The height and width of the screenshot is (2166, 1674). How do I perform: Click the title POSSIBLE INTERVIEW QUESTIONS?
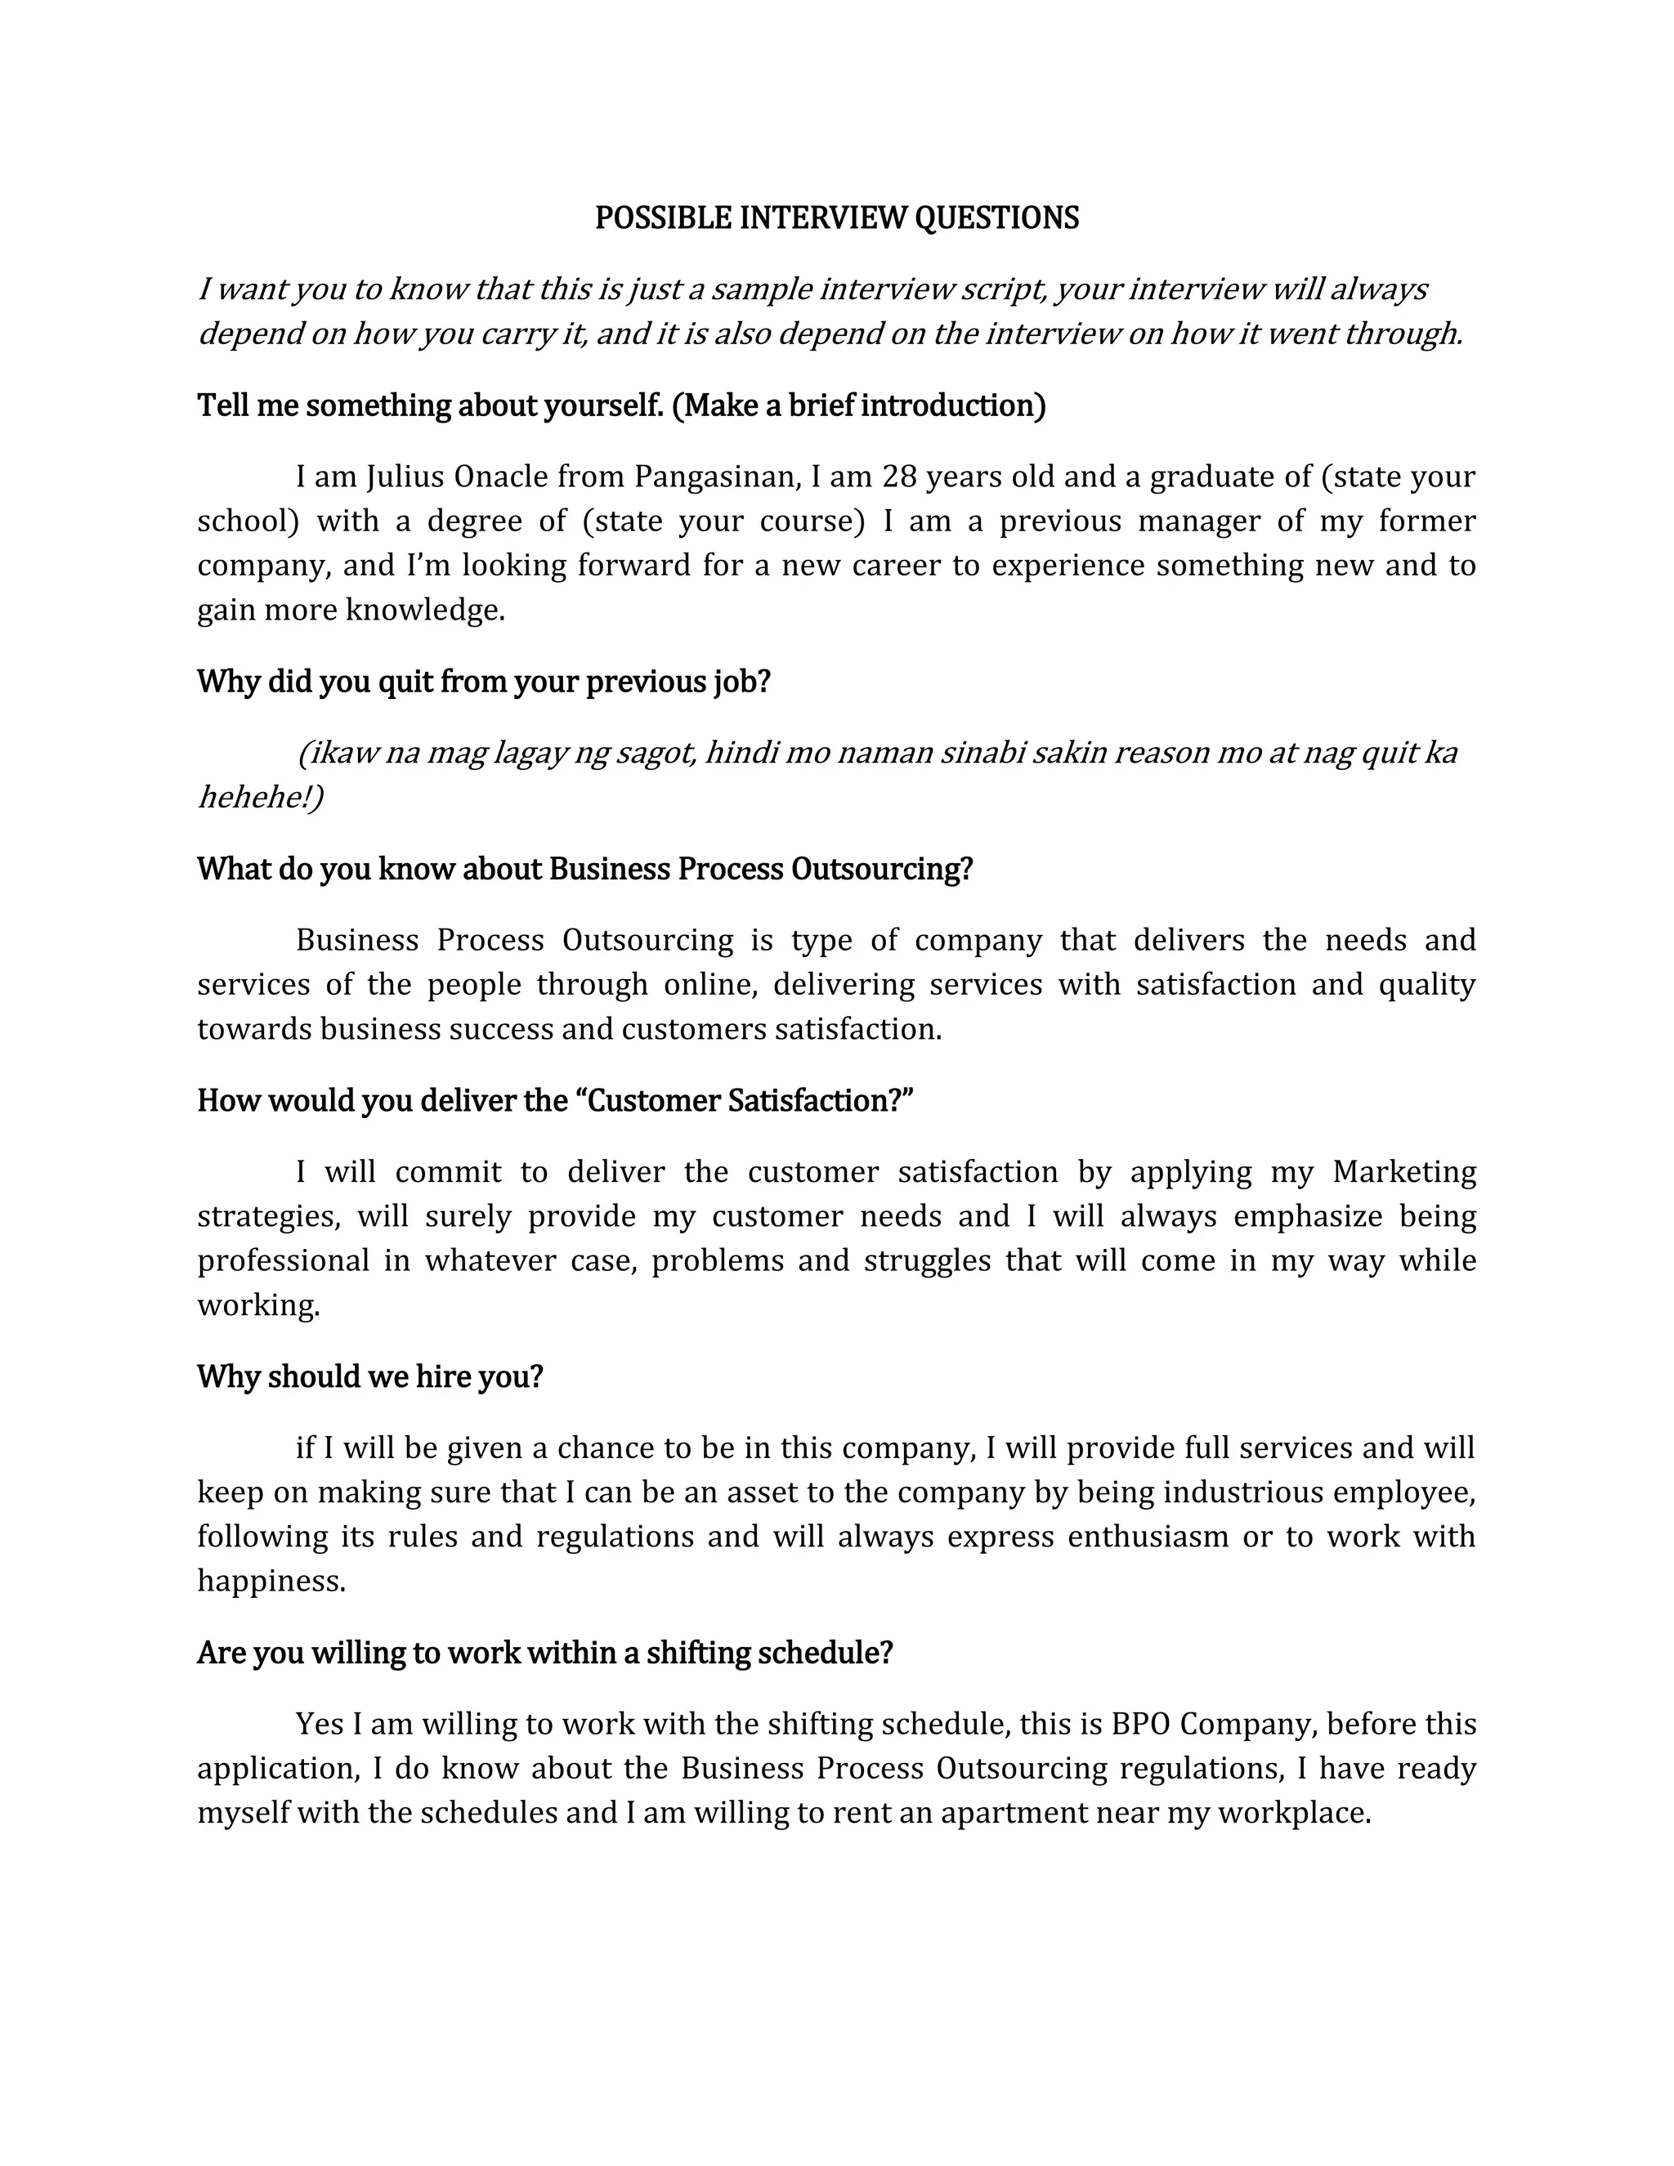click(x=836, y=218)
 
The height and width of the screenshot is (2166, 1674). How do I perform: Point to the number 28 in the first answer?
click(x=898, y=477)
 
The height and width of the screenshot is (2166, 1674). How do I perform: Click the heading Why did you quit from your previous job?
click(x=484, y=682)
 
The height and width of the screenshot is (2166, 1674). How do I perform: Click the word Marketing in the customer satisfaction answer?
click(x=1404, y=1172)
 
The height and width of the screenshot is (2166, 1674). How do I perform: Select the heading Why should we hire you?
click(x=370, y=1376)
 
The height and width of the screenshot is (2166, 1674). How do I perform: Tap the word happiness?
click(x=271, y=1581)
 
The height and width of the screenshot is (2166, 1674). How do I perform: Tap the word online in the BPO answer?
click(x=709, y=985)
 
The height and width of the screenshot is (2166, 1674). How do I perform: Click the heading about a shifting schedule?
click(x=544, y=1654)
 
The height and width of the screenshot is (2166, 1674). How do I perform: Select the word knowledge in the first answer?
click(x=424, y=610)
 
